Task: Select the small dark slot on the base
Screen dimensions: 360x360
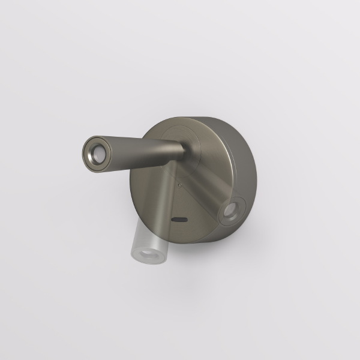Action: tap(178, 220)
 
